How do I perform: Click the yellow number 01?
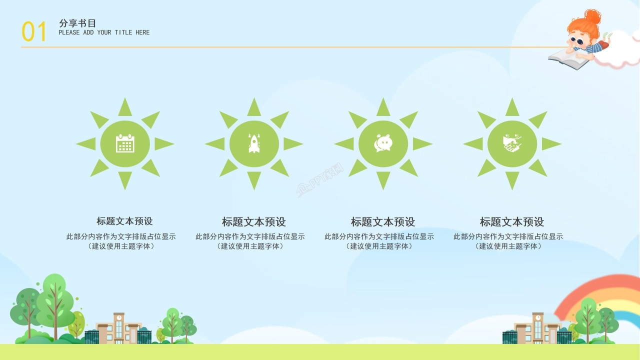click(34, 32)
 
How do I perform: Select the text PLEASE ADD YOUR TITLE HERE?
click(104, 32)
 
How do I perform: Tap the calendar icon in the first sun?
click(125, 144)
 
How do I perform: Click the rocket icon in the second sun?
click(254, 144)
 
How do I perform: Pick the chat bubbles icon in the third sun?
click(383, 144)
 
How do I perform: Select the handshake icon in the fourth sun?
click(512, 144)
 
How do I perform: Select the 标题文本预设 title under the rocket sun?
click(254, 221)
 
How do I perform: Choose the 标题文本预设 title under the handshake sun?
click(512, 221)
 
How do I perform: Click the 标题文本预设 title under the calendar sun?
click(125, 221)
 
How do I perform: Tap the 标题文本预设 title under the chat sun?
click(383, 221)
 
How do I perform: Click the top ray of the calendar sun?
click(125, 107)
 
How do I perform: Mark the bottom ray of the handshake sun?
click(512, 180)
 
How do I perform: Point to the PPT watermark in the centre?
click(320, 181)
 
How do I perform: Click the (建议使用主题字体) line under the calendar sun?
click(121, 246)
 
